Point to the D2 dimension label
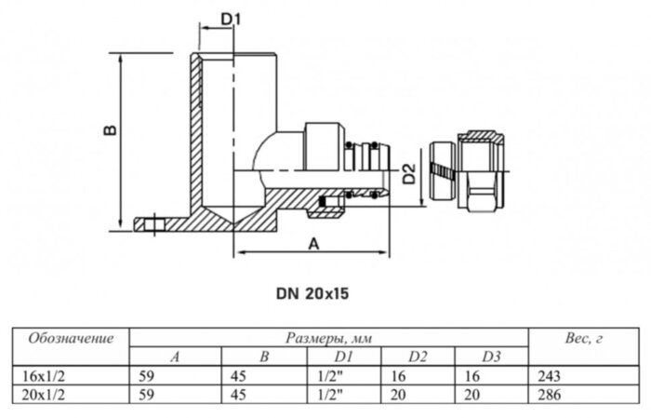408,172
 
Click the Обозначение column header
72,337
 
